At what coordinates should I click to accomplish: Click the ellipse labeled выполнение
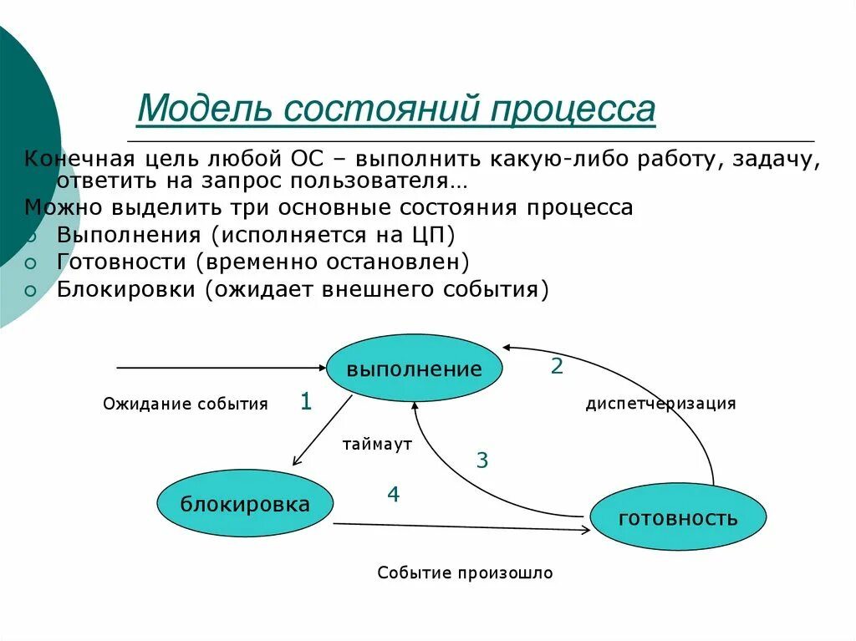(x=414, y=369)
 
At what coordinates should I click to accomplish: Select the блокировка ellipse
(x=245, y=504)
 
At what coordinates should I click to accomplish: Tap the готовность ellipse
(x=678, y=517)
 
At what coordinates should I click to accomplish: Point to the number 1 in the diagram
(x=306, y=403)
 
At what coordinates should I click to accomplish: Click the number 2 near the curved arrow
(x=557, y=366)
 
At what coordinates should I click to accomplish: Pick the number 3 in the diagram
(x=482, y=460)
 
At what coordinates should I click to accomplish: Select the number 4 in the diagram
(x=393, y=495)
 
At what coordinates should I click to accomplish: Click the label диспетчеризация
(x=660, y=404)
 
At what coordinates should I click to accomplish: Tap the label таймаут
(x=377, y=445)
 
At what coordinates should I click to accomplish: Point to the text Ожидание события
(x=186, y=404)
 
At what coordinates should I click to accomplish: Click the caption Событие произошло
(x=465, y=573)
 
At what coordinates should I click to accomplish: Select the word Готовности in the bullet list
(x=121, y=262)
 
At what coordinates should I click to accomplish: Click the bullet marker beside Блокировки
(x=31, y=291)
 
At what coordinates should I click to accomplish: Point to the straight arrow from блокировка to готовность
(x=460, y=527)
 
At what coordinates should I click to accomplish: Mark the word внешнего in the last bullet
(x=377, y=289)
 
